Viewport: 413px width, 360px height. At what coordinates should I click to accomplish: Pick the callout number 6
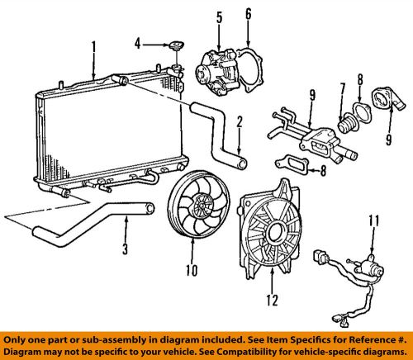249,15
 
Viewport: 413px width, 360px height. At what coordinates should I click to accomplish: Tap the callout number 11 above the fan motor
373,220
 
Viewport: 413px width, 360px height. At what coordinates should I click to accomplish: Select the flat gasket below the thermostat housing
296,167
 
